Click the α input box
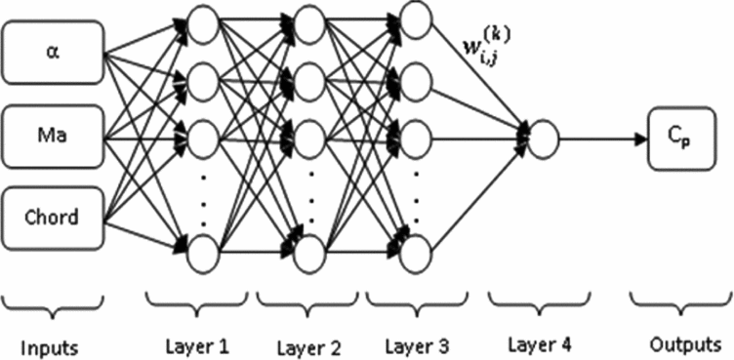pyautogui.click(x=54, y=50)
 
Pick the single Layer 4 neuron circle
pyautogui.click(x=545, y=135)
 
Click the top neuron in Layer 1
pyautogui.click(x=201, y=23)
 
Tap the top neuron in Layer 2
pyautogui.click(x=308, y=23)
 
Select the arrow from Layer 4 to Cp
pyautogui.click(x=600, y=135)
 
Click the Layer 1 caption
pyautogui.click(x=198, y=344)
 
